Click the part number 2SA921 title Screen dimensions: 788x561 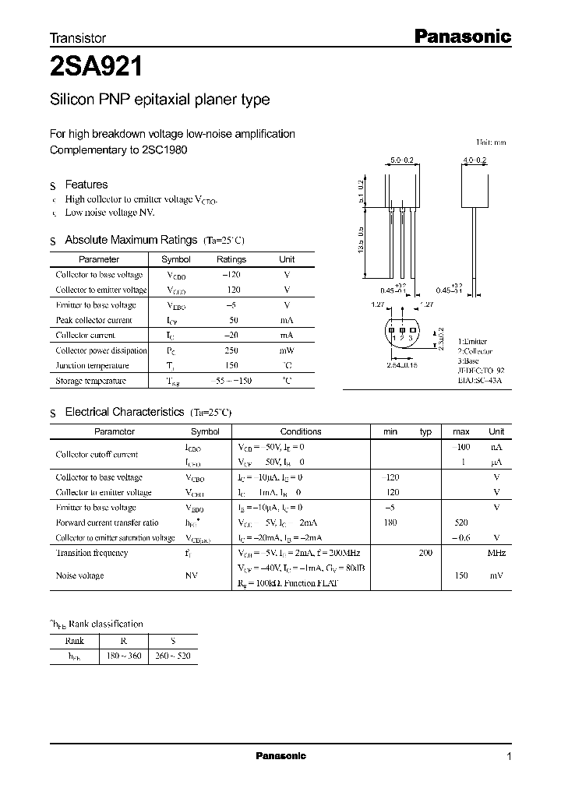96,67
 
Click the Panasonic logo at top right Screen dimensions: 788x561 460,36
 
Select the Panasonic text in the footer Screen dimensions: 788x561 281,756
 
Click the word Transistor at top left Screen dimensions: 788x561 78,37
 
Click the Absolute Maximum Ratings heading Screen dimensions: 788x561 131,240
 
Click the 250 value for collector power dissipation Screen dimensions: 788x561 231,350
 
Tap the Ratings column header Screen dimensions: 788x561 231,259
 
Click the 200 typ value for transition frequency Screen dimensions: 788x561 425,553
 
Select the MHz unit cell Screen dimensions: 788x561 496,553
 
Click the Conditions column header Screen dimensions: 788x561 301,431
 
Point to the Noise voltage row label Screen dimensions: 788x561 79,575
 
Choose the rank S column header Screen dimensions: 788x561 172,641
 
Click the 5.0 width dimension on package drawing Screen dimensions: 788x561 400,160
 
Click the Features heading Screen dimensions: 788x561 86,185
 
